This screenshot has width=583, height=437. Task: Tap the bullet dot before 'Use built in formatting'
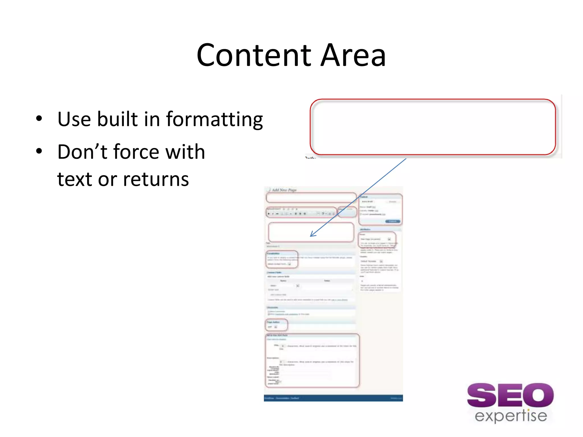pyautogui.click(x=39, y=118)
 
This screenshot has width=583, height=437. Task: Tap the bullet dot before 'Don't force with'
pyautogui.click(x=39, y=151)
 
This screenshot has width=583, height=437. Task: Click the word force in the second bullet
pyautogui.click(x=136, y=152)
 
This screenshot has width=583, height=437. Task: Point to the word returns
pyautogui.click(x=156, y=179)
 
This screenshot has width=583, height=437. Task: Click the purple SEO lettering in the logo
pyautogui.click(x=510, y=395)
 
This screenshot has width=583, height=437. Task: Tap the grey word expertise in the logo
pyautogui.click(x=511, y=416)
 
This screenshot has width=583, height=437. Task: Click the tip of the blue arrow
pyautogui.click(x=311, y=236)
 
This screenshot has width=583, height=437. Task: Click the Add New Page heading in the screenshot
pyautogui.click(x=284, y=190)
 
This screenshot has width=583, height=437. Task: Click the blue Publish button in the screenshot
pyautogui.click(x=393, y=221)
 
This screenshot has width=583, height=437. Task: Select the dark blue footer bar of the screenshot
pyautogui.click(x=333, y=398)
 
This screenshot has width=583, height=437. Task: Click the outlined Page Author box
pyautogui.click(x=276, y=325)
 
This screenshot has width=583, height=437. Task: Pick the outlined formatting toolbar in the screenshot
pyautogui.click(x=301, y=212)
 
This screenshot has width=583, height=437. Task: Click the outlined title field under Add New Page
pyautogui.click(x=311, y=197)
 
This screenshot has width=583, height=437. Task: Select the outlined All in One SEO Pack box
pyautogui.click(x=312, y=360)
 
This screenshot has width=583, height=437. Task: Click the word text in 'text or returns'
pyautogui.click(x=74, y=179)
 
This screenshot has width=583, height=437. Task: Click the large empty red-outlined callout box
pyautogui.click(x=433, y=127)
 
